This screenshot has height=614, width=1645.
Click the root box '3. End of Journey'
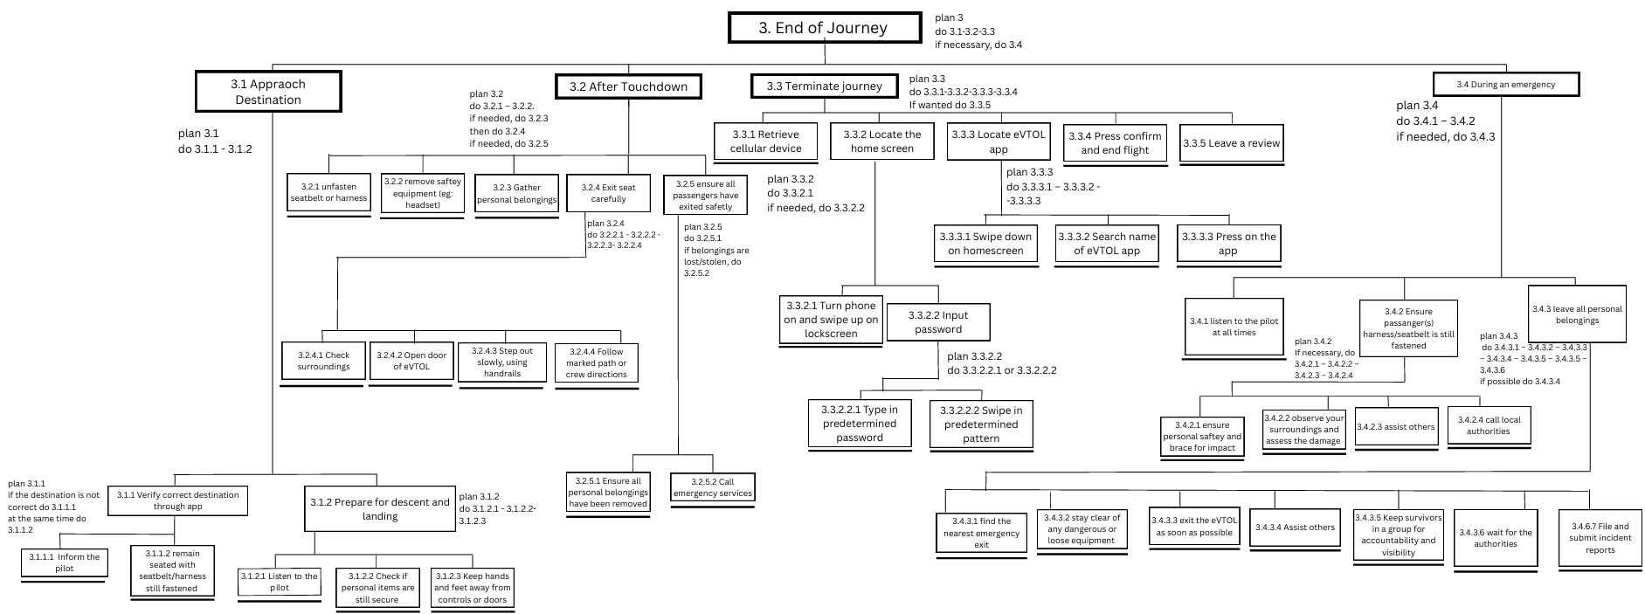pyautogui.click(x=824, y=28)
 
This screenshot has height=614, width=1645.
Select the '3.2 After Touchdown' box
pyautogui.click(x=628, y=86)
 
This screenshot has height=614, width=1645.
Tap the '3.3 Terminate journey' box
pyautogui.click(x=824, y=86)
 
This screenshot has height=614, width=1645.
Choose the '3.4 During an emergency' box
pyautogui.click(x=1505, y=84)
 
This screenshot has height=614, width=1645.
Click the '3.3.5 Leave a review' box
pyautogui.click(x=1231, y=143)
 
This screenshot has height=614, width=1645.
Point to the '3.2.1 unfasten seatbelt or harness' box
pyautogui.click(x=328, y=193)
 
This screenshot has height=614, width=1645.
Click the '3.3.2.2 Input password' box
pyautogui.click(x=938, y=321)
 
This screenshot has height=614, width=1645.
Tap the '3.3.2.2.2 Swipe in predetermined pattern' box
pyautogui.click(x=981, y=424)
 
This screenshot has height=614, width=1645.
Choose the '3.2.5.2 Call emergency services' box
pyautogui.click(x=712, y=487)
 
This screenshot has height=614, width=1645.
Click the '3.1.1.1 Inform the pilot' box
pyautogui.click(x=64, y=562)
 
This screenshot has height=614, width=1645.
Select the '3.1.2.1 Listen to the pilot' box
pyautogui.click(x=280, y=582)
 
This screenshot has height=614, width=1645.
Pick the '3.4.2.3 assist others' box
pyautogui.click(x=1396, y=427)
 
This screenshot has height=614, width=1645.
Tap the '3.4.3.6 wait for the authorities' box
pyautogui.click(x=1495, y=538)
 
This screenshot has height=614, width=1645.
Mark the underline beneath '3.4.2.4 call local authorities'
pyautogui.click(x=1489, y=447)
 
